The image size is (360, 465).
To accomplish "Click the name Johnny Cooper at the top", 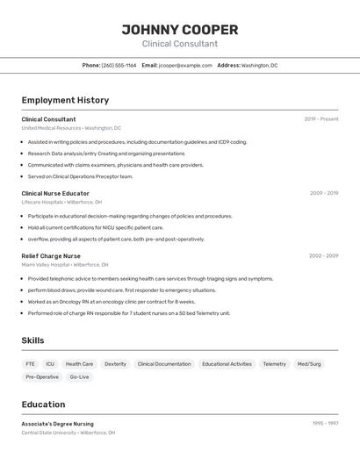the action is pos(180,29).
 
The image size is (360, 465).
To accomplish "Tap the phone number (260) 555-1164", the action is pos(119,65).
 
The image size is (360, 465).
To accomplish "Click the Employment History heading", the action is pos(65,100).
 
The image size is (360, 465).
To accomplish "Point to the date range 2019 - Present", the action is pos(321,119).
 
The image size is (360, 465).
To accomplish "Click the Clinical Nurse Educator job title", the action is pos(55,193).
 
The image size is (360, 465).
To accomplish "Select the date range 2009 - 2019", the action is pos(324,193).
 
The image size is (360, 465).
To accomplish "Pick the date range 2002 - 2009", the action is pos(323,256).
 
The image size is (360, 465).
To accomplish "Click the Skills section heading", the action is pos(32,340).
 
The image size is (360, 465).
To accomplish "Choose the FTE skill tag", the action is pos(31,364).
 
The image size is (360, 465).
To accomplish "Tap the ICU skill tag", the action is pos(50,364).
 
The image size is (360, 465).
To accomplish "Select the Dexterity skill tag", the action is pos(115,364).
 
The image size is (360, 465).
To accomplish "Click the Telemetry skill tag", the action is pos(274,364).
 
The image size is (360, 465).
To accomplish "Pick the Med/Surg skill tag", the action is pos(309,364).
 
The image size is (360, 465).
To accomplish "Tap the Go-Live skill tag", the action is pos(79,377).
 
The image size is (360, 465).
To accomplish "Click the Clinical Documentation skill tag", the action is pos(164,364).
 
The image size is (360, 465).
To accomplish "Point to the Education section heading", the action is pos(43,404).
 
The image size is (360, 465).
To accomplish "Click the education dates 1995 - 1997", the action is pos(325,424).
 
